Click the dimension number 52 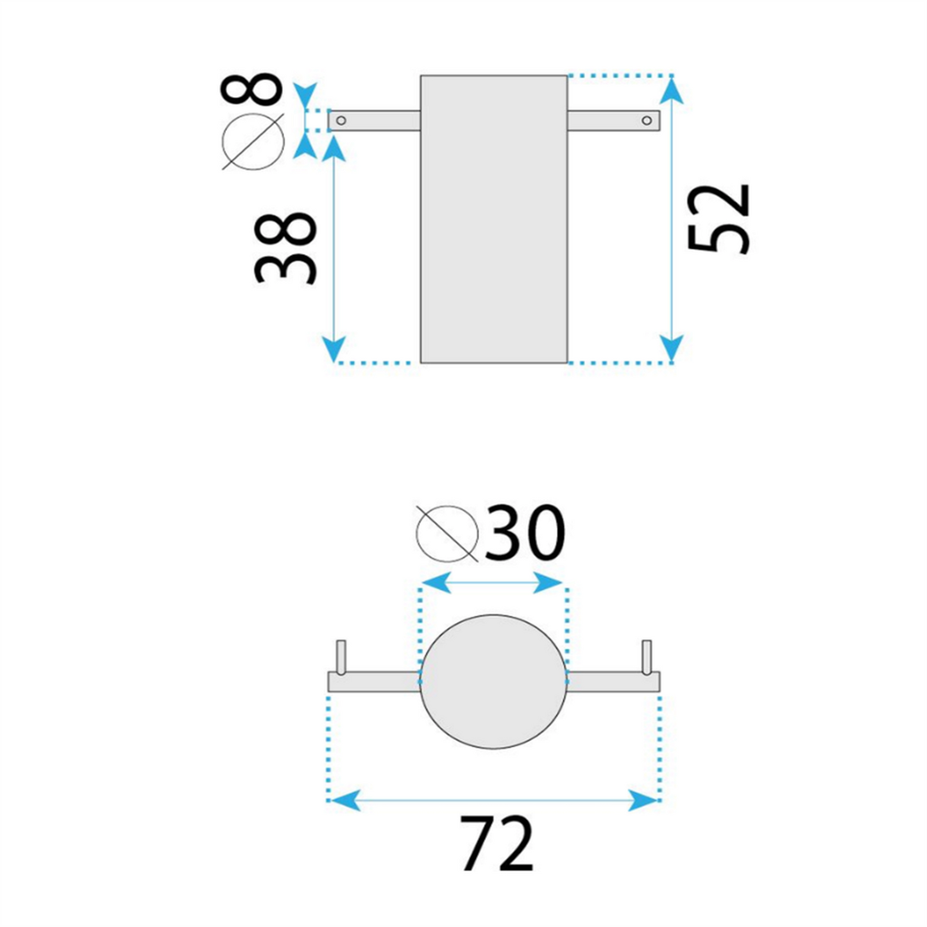(719, 219)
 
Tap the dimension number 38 (285, 249)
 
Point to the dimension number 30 (524, 532)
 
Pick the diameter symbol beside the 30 (447, 534)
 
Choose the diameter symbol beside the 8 (253, 142)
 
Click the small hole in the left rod (341, 120)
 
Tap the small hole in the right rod (647, 120)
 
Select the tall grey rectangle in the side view (494, 219)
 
